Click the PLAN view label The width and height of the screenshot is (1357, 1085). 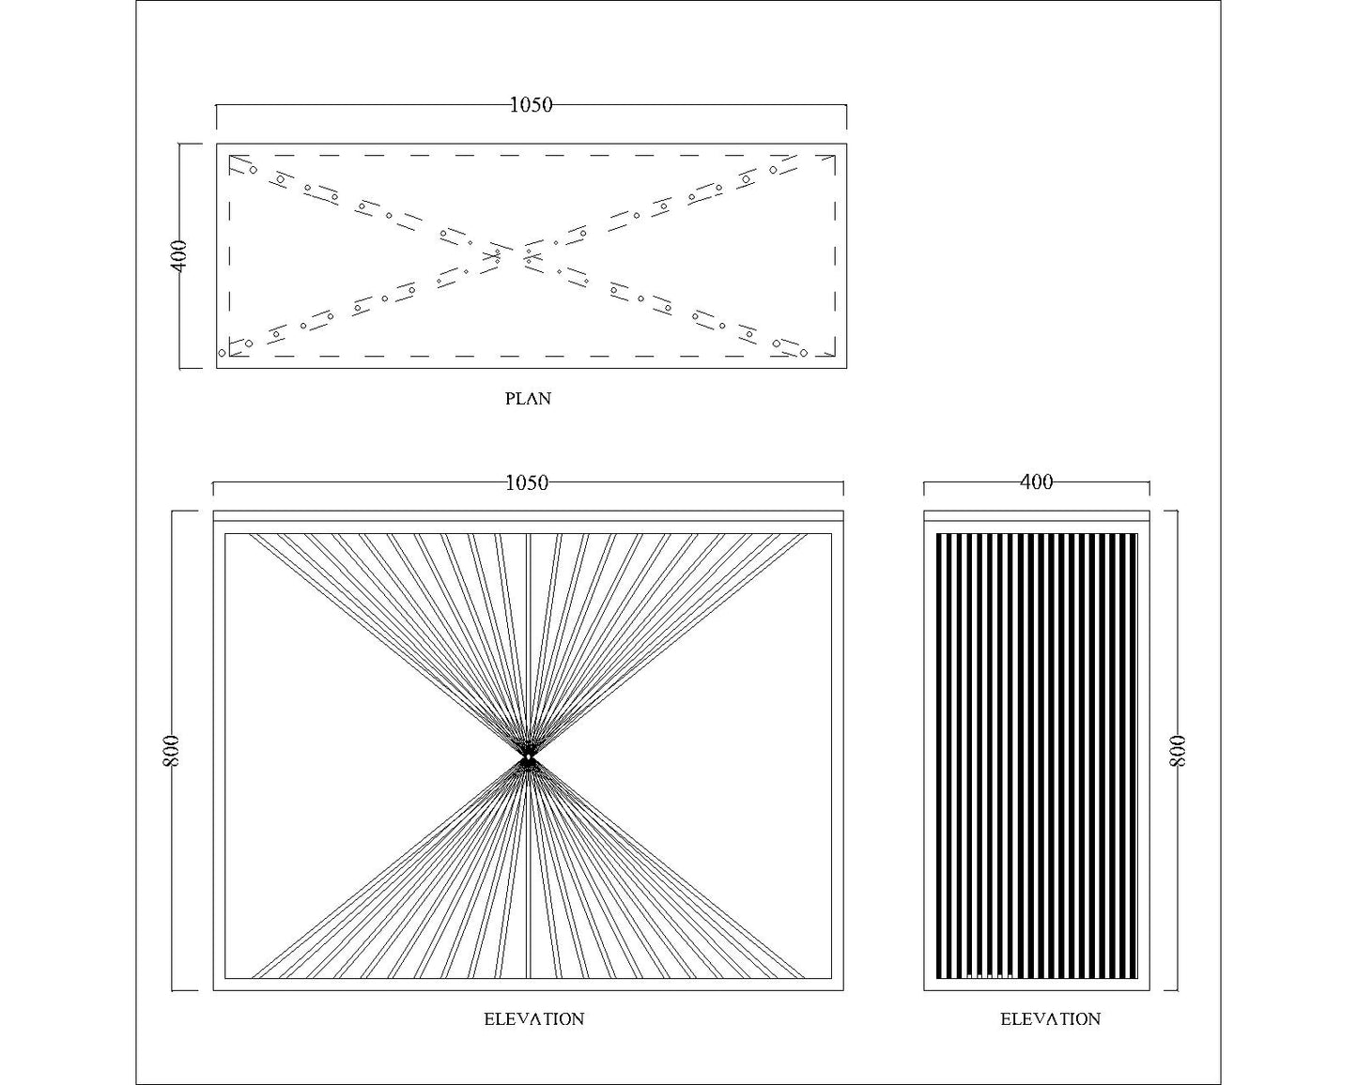coord(528,399)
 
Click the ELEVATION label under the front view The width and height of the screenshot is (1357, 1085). coord(534,1018)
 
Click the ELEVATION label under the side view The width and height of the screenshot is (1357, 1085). coord(1051,1018)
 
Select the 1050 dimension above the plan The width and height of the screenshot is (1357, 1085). coord(531,105)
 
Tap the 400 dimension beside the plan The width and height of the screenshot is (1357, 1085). coord(179,256)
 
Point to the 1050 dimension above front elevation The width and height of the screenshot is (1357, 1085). coord(527,483)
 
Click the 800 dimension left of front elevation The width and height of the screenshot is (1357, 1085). coord(172,751)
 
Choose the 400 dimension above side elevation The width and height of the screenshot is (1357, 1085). coord(1037,482)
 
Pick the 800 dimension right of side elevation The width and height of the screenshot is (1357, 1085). coord(1178,751)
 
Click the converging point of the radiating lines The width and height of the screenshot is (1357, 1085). coord(529,756)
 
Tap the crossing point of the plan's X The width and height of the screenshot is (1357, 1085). coord(513,256)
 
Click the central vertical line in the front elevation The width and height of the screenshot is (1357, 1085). coord(529,756)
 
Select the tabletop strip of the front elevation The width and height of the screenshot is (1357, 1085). coord(529,515)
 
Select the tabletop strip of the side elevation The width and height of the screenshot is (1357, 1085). coord(1037,515)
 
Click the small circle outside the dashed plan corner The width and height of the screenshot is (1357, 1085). coord(222,353)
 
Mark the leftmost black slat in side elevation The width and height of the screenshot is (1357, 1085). coord(939,756)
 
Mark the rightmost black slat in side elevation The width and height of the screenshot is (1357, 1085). coord(1134,756)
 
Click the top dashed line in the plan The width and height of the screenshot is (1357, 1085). coord(532,155)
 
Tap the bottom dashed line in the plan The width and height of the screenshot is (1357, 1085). coord(532,357)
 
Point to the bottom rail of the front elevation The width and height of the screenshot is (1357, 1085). coord(529,985)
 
